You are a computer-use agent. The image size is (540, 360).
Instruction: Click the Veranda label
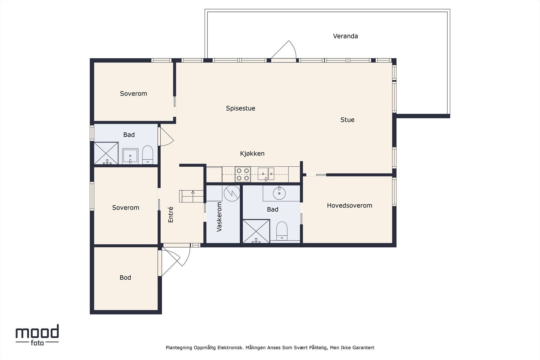tap(345, 36)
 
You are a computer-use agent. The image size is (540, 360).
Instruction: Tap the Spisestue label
tap(240, 108)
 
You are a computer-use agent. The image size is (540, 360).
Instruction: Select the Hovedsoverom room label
tap(349, 205)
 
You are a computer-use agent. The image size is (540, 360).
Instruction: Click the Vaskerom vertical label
tap(219, 217)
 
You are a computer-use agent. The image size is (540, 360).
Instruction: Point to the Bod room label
tap(125, 278)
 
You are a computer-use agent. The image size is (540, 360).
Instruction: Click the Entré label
tap(171, 214)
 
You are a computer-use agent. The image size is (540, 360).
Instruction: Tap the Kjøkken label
tap(252, 154)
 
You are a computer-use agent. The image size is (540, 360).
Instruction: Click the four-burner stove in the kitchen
tap(243, 174)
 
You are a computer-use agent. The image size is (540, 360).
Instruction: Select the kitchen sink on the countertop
tap(266, 174)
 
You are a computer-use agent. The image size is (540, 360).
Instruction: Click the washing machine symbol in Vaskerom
tap(232, 193)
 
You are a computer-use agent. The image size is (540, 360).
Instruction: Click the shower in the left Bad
tap(106, 154)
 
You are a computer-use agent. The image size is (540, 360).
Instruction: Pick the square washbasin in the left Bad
tap(130, 156)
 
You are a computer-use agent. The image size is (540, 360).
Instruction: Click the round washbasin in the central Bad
tap(279, 193)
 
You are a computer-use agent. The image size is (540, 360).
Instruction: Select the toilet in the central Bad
tap(282, 230)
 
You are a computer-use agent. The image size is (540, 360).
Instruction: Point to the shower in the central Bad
tap(256, 231)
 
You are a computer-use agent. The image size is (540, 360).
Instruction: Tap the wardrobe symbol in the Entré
tap(191, 196)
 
